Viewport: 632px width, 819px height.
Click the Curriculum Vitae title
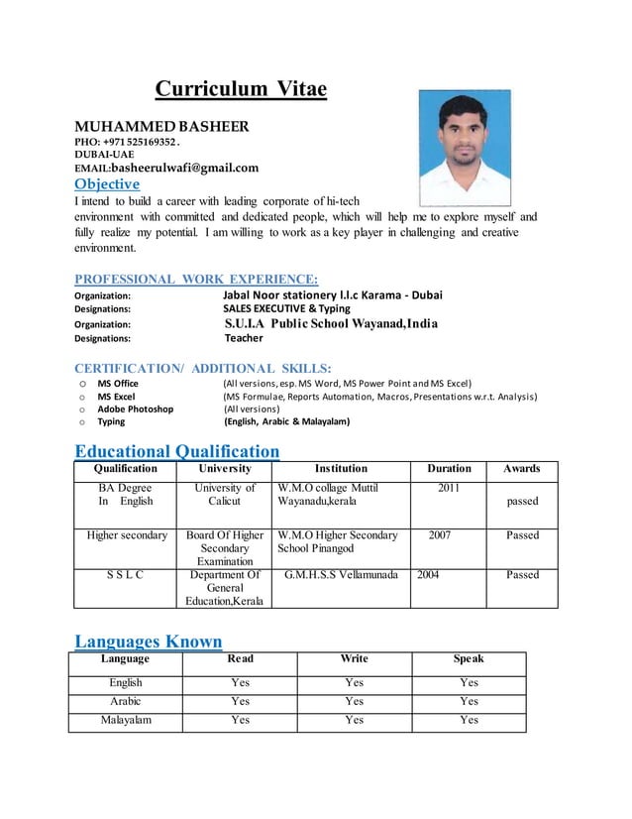point(240,90)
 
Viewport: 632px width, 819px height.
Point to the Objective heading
point(107,184)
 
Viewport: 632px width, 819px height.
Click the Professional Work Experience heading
point(196,280)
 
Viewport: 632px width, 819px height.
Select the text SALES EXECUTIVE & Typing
point(286,308)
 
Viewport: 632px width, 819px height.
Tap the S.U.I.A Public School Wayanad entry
point(331,323)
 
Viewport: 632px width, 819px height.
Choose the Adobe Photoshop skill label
point(135,409)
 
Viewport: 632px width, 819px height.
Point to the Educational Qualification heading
point(177,452)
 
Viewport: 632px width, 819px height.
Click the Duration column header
point(449,468)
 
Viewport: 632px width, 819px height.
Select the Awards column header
point(521,468)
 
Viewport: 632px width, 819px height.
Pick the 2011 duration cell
point(449,488)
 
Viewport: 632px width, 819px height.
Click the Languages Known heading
point(149,642)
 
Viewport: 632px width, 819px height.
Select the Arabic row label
point(126,701)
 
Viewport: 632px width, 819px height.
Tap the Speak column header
point(469,658)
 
